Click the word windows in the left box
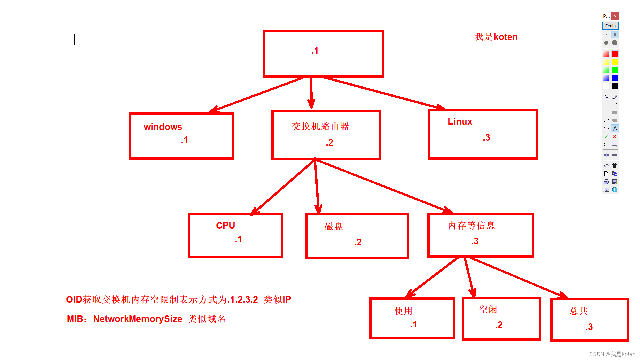pyautogui.click(x=163, y=127)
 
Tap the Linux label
pyautogui.click(x=460, y=122)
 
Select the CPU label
pyautogui.click(x=225, y=226)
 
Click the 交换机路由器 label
pyautogui.click(x=320, y=126)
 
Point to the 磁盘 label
pyautogui.click(x=334, y=227)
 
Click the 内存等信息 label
pyautogui.click(x=471, y=226)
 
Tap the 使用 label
pyautogui.click(x=403, y=311)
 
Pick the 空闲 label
pyautogui.click(x=488, y=310)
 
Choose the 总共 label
pyautogui.click(x=579, y=311)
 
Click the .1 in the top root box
pyautogui.click(x=315, y=51)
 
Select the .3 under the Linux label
pyautogui.click(x=486, y=138)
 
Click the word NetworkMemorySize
pyautogui.click(x=137, y=319)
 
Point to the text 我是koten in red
pyautogui.click(x=496, y=37)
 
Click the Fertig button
pyautogui.click(x=610, y=26)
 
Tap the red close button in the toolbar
pyautogui.click(x=615, y=16)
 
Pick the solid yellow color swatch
pyautogui.click(x=615, y=62)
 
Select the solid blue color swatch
pyautogui.click(x=615, y=78)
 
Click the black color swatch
pyautogui.click(x=615, y=86)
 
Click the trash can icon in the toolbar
pyautogui.click(x=615, y=166)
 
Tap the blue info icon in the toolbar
pyautogui.click(x=615, y=190)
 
